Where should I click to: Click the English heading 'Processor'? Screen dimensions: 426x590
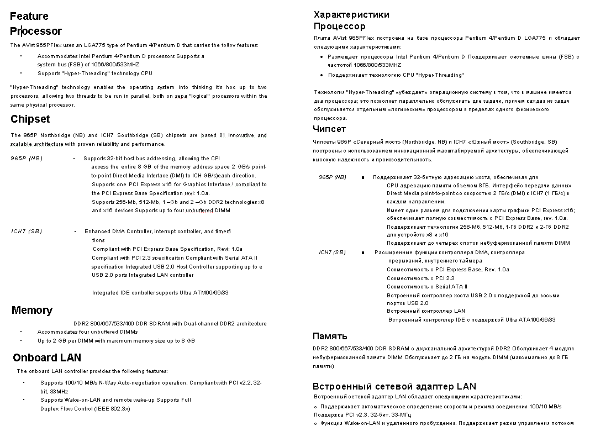36,31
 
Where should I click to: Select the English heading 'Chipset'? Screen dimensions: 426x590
30,119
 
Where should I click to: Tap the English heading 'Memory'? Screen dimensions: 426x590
31,311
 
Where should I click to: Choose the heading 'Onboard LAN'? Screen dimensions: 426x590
47,358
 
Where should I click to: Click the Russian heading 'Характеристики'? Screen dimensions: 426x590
351,14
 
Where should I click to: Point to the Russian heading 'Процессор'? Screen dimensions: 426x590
339,27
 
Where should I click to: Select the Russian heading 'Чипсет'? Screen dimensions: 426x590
329,129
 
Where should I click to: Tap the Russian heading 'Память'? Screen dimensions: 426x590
330,336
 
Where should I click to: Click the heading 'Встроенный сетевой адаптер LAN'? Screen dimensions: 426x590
394,386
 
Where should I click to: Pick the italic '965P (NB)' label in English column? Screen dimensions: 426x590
27,159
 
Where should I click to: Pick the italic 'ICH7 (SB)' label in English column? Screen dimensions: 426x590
27,232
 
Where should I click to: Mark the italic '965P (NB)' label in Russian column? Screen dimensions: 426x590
332,177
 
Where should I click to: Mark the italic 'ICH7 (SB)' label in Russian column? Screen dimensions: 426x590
332,253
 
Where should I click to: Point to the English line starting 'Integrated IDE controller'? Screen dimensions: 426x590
160,293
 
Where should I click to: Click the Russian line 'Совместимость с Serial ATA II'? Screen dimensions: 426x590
426,287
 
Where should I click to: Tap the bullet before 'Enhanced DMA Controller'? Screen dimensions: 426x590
75,232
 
